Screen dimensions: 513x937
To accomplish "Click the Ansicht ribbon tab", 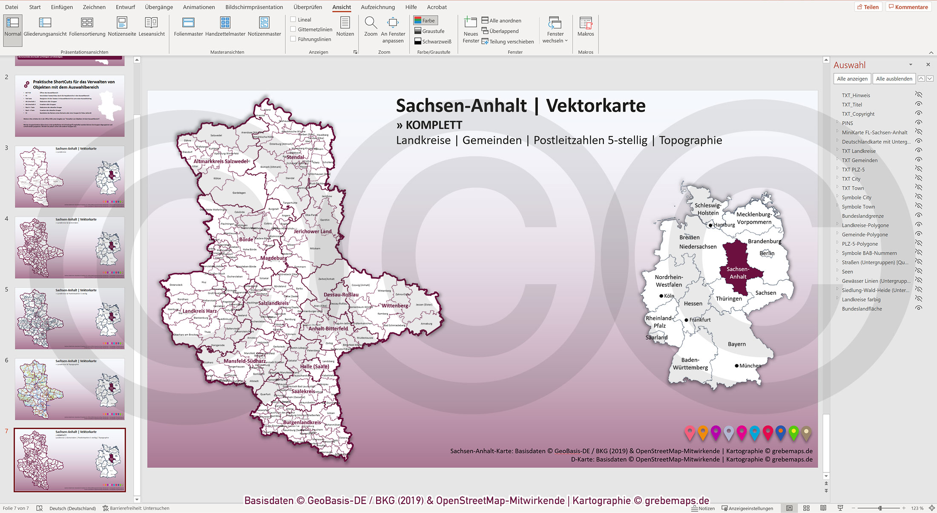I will [x=342, y=7].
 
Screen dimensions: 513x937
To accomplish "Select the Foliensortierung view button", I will [x=87, y=27].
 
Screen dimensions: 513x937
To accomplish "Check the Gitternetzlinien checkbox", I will [x=293, y=29].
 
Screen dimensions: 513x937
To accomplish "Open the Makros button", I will [x=586, y=27].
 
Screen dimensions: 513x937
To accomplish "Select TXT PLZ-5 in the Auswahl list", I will [x=853, y=170].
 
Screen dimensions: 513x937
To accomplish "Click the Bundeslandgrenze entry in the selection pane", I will [x=862, y=216].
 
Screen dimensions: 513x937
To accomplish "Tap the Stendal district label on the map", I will [x=295, y=157].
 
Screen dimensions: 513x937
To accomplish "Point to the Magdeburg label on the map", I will [x=273, y=258].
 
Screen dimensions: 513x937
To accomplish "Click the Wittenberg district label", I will [x=394, y=305].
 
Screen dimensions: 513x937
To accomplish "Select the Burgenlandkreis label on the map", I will [x=302, y=423].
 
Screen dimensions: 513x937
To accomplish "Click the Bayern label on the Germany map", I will [x=736, y=344].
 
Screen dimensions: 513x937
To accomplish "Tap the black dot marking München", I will [x=736, y=366].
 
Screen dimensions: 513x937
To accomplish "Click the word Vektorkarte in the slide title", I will [x=595, y=106].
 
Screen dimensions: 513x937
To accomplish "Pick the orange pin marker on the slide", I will [x=703, y=432].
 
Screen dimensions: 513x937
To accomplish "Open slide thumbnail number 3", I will [x=70, y=176].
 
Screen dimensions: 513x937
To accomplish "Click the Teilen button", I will [x=867, y=7].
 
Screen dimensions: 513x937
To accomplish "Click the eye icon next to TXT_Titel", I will [x=919, y=104].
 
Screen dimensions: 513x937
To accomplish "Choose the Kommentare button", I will [x=908, y=7].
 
